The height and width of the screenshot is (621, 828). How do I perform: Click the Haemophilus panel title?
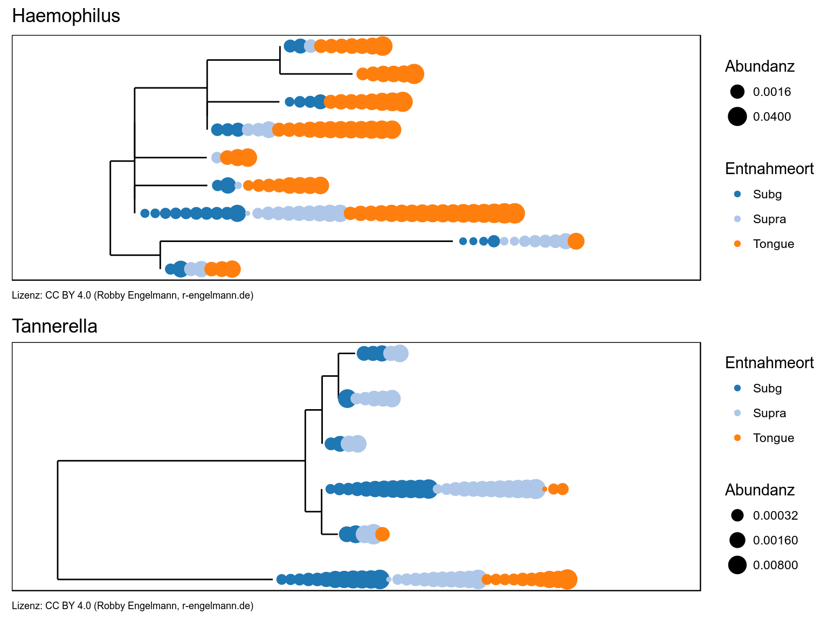point(66,16)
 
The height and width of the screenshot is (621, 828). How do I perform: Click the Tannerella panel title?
point(54,327)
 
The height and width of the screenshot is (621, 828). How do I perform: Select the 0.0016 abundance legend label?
point(771,92)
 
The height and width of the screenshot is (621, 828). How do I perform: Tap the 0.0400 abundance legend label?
point(771,116)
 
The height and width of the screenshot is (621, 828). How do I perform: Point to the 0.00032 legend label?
point(775,515)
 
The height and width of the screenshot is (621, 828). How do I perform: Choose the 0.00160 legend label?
point(775,540)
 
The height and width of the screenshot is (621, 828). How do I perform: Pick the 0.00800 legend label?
point(775,565)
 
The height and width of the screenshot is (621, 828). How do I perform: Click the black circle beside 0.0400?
point(737,116)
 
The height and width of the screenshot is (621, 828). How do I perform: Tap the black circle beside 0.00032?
point(737,515)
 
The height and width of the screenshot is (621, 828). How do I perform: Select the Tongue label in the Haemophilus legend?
point(773,244)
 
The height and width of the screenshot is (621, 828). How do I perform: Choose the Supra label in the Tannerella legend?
point(769,413)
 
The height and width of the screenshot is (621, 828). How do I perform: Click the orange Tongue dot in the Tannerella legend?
point(737,438)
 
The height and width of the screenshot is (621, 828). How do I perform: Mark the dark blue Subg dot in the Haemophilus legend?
point(737,194)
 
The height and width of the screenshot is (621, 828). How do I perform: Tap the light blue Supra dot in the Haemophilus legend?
point(737,219)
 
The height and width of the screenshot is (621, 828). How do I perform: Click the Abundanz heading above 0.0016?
point(760,66)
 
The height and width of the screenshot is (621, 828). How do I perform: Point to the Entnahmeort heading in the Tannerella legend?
point(769,363)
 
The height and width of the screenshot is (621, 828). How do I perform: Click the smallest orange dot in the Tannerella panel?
point(544,489)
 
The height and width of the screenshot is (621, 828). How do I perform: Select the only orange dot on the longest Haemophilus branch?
point(576,241)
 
